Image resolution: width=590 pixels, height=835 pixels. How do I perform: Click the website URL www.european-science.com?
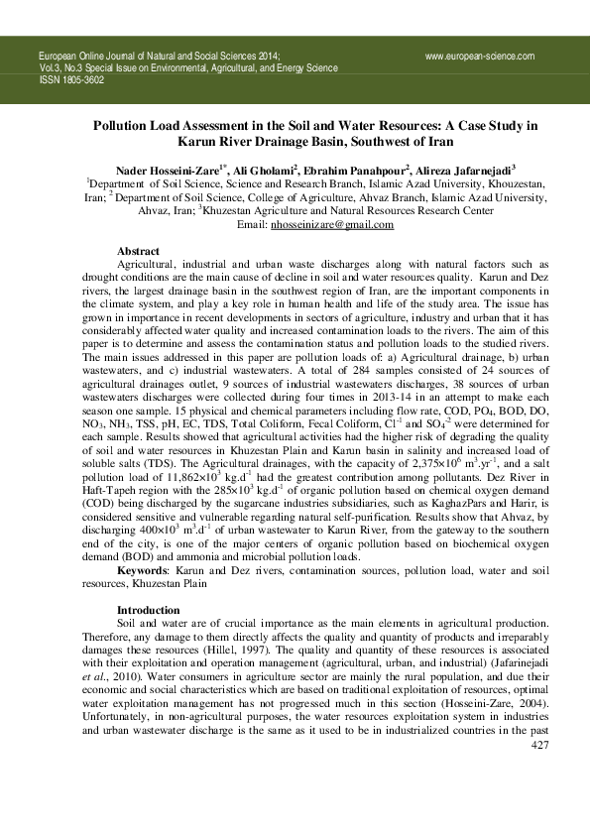tap(480, 57)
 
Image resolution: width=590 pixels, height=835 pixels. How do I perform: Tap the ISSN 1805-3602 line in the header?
tap(70, 78)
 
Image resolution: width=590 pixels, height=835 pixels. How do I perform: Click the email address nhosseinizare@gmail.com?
tap(332, 225)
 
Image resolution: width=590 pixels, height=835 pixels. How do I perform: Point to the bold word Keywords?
tap(144, 570)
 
